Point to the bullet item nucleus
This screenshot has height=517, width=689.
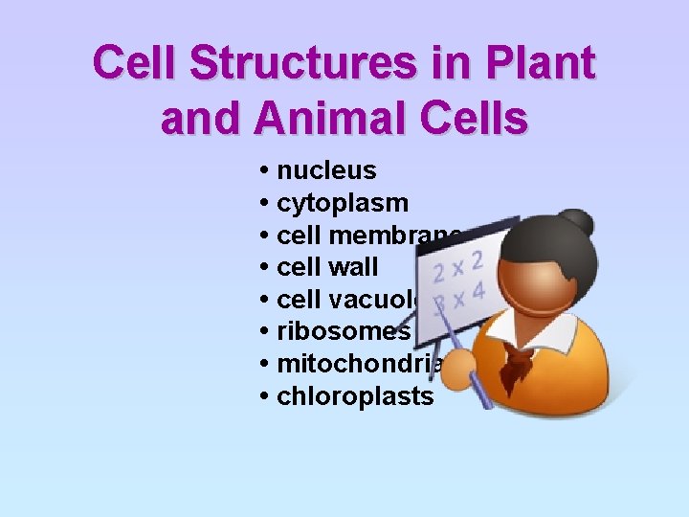325,171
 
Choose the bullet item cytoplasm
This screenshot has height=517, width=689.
342,203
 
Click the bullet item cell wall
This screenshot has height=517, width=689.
326,267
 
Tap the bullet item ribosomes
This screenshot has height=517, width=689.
343,331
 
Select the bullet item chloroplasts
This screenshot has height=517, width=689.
354,395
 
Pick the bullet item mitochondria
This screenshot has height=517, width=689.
359,364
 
